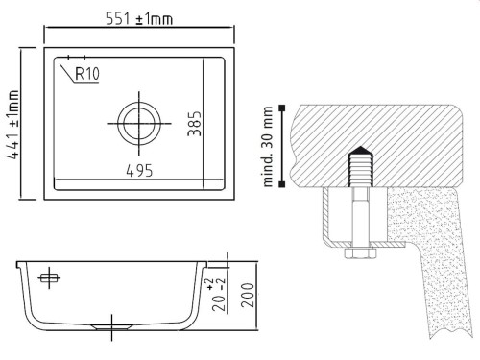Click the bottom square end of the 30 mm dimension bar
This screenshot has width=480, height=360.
(x=284, y=186)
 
